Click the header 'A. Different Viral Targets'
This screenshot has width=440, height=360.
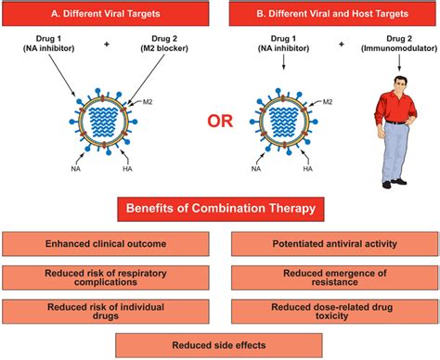point(109,14)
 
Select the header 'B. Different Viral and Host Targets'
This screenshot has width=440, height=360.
point(329,14)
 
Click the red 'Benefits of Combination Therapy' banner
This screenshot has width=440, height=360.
point(219,210)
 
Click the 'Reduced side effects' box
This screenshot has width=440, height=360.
point(219,344)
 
